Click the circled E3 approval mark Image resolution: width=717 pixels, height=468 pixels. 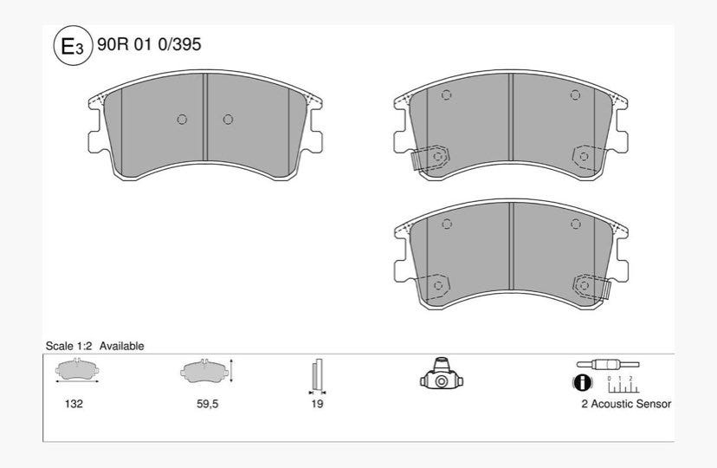click(72, 45)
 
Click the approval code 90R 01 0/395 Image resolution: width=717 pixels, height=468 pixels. click(149, 44)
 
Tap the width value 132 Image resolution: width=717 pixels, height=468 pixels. click(74, 404)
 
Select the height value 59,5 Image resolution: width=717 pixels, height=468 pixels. click(207, 404)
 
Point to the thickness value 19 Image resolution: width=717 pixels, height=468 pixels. click(317, 404)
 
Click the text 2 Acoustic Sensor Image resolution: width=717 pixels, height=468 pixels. click(626, 404)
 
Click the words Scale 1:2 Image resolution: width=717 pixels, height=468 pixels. click(68, 346)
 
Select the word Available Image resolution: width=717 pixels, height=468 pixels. click(121, 346)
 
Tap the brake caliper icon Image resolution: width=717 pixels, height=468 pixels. click(442, 374)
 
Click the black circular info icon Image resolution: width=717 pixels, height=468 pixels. click(582, 382)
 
